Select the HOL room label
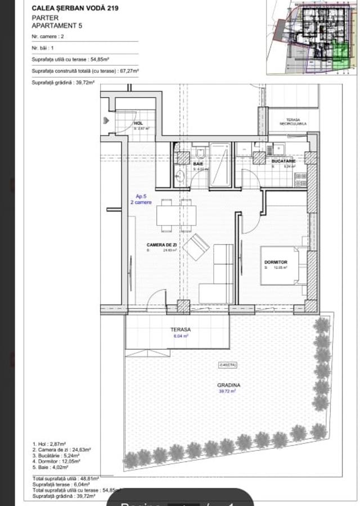coord(138,123)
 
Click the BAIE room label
coord(198,164)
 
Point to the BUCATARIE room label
coord(284,161)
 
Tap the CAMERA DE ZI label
coord(162,245)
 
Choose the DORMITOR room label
coord(276,262)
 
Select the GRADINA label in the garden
coord(229,385)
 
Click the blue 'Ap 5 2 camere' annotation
coord(143,200)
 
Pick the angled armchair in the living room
coord(196,248)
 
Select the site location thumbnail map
coord(312,37)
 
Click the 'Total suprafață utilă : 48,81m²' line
coord(65,478)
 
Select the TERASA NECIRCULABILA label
coord(293,122)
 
